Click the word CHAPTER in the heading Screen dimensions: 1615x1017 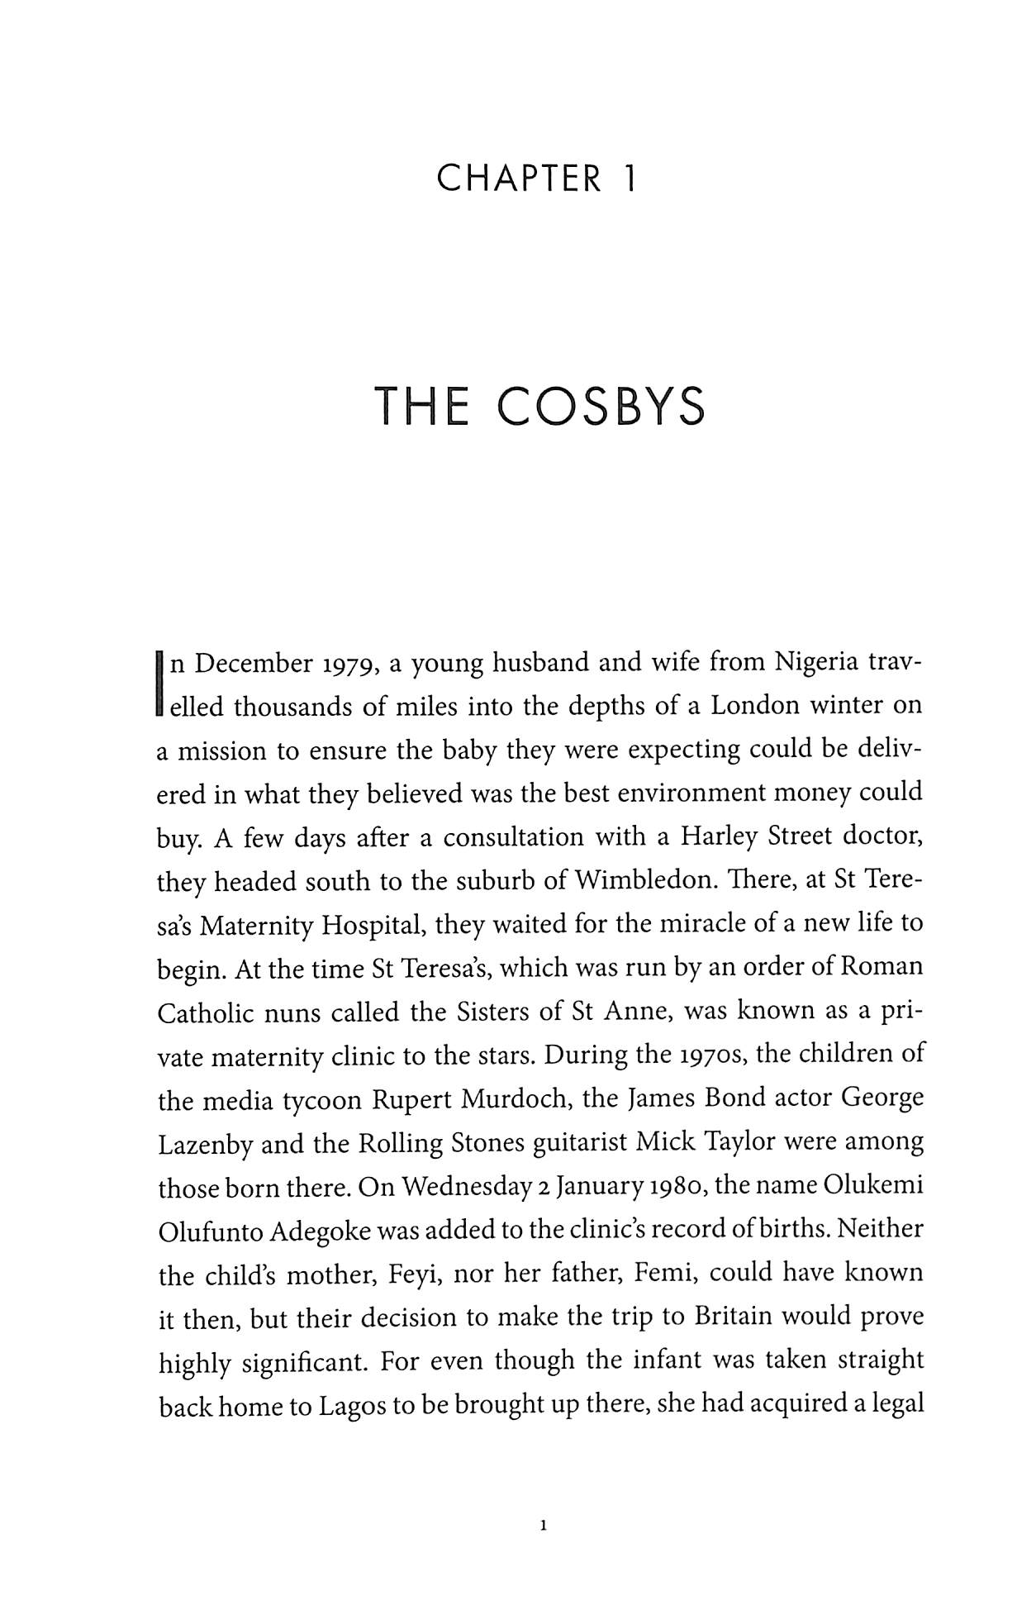click(520, 179)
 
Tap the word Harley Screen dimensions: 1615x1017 click(719, 836)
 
